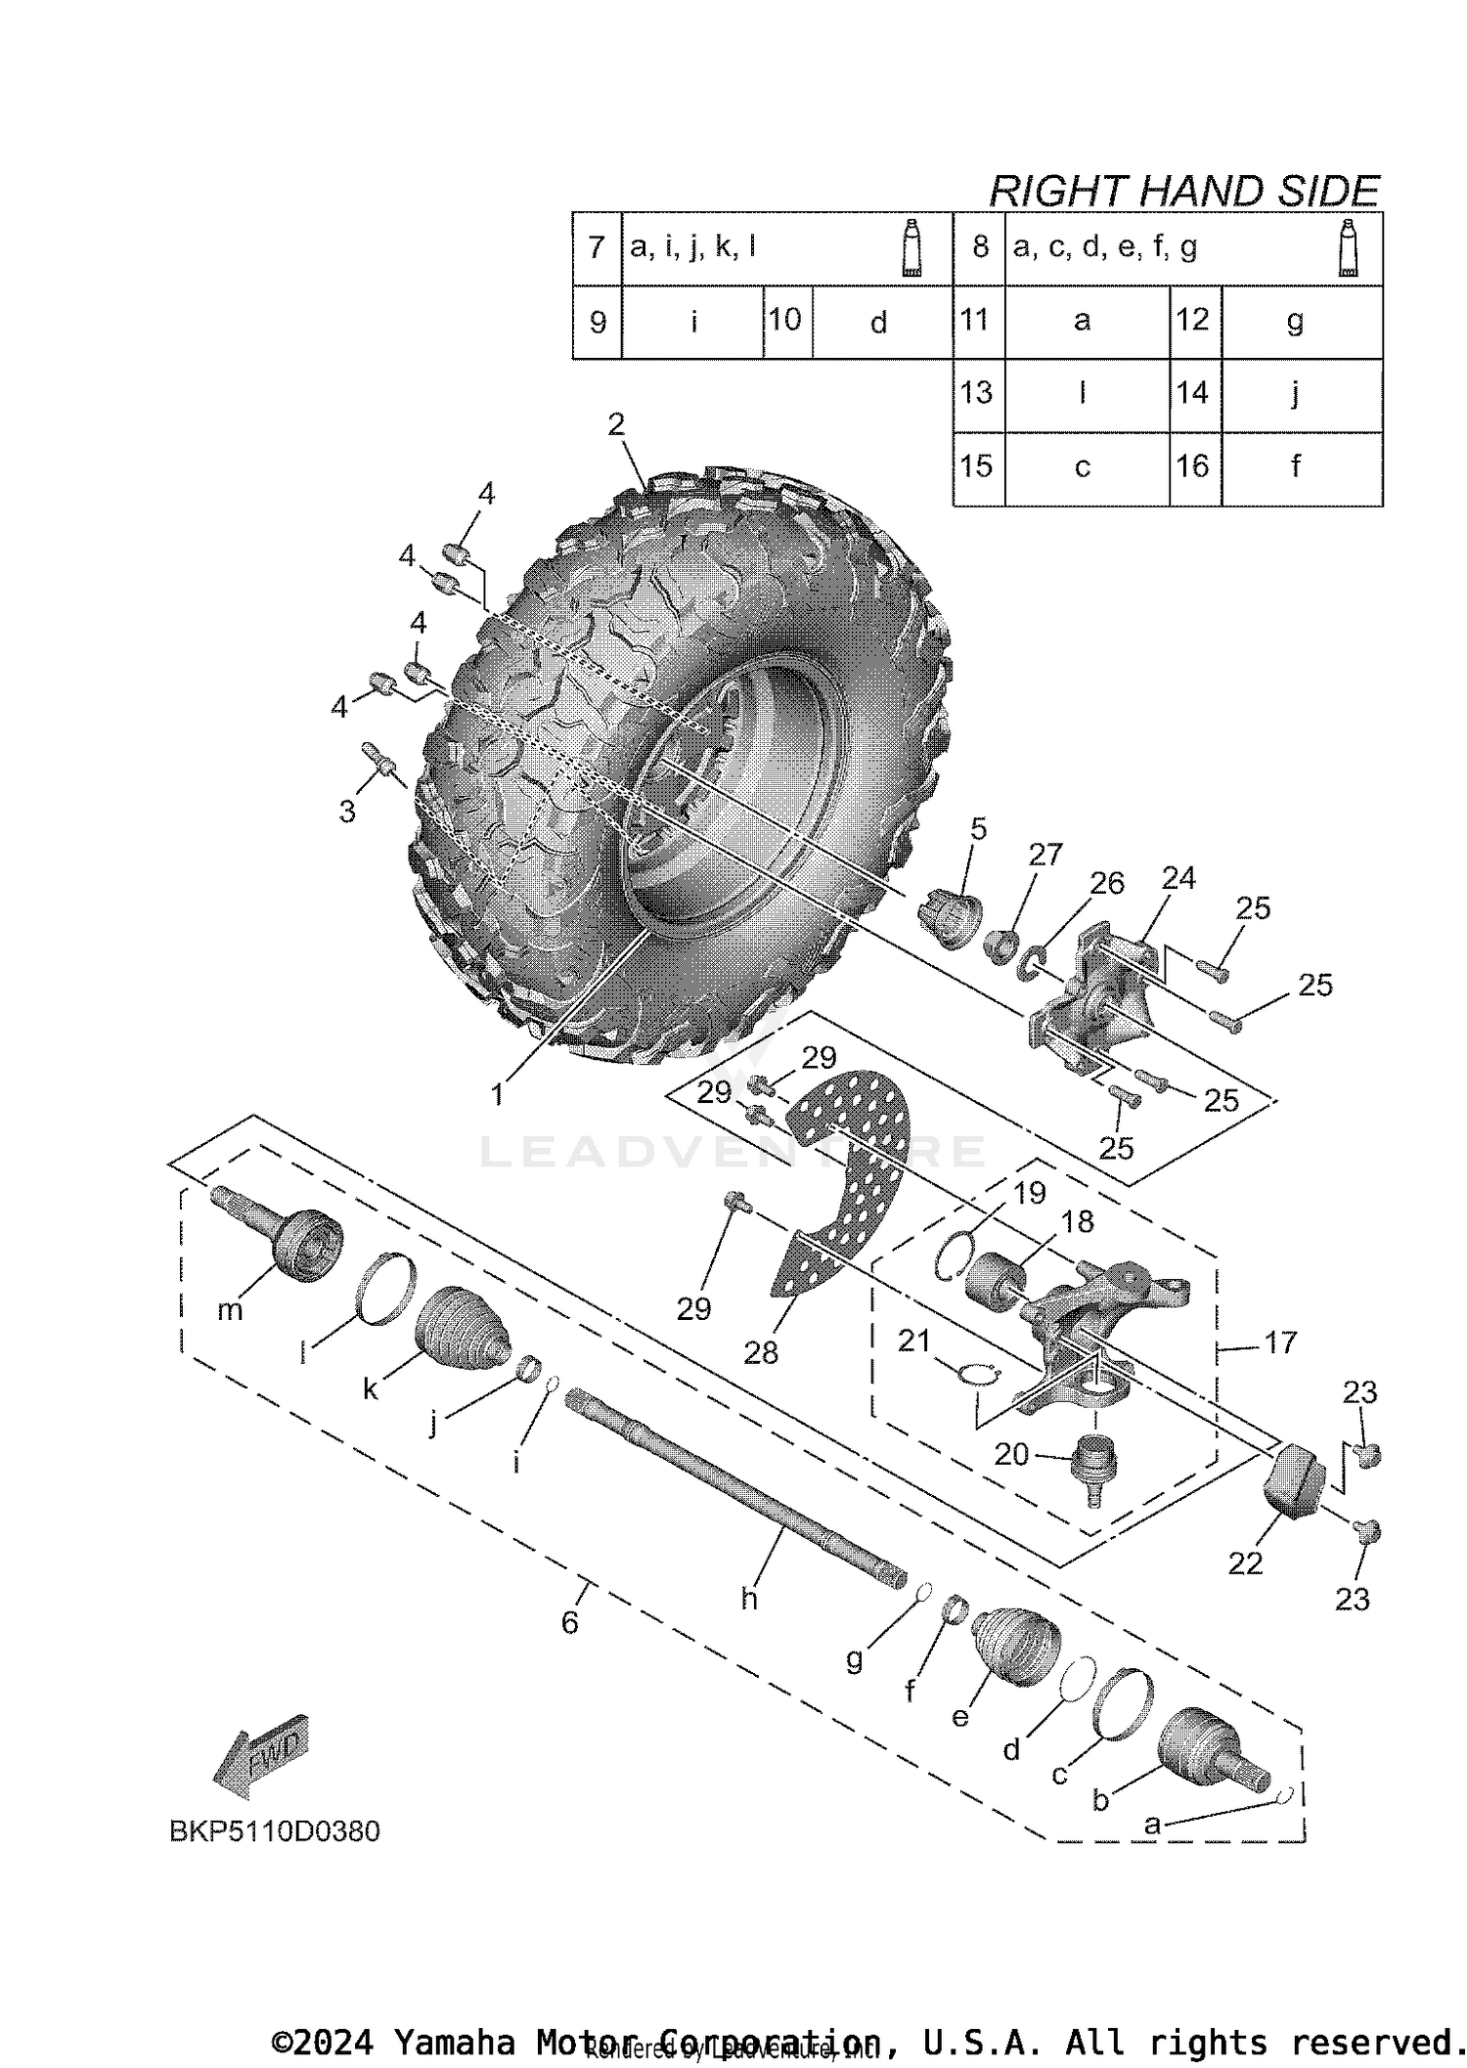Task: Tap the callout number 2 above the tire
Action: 615,424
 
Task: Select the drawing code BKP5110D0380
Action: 275,1830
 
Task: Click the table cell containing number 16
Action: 1193,466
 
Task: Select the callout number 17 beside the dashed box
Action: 1280,1342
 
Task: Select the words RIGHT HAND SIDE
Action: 1183,191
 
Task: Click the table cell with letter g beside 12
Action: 1295,322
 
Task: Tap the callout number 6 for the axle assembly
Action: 570,1623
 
